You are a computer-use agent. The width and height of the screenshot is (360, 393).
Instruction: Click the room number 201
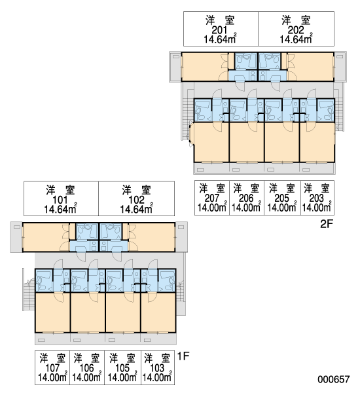[x=219, y=30]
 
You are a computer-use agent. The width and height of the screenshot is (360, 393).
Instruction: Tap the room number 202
[x=296, y=30]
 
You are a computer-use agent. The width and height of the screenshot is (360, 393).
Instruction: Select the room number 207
[x=212, y=198]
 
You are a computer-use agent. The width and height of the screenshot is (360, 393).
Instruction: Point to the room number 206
[x=246, y=198]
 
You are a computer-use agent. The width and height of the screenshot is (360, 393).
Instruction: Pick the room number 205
[x=282, y=198]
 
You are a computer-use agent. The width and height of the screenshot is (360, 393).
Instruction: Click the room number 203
[x=317, y=198]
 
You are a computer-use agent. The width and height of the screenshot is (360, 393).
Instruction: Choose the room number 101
[x=60, y=200]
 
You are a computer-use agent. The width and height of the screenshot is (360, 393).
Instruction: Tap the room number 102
[x=136, y=200]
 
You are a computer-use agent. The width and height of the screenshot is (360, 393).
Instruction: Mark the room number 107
[x=52, y=368]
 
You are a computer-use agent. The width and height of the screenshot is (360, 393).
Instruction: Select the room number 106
[x=86, y=368]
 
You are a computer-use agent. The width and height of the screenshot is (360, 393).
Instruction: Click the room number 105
[x=122, y=368]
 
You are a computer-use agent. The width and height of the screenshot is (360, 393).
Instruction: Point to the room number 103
[x=157, y=368]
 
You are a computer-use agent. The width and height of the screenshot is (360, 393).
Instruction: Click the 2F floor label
[x=327, y=224]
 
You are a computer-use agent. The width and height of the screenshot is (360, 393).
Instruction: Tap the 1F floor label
[x=183, y=356]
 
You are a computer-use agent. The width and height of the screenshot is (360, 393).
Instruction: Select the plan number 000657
[x=333, y=379]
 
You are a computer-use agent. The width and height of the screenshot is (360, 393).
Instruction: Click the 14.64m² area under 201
[x=220, y=39]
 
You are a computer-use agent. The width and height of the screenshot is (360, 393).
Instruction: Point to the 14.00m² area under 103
[x=157, y=377]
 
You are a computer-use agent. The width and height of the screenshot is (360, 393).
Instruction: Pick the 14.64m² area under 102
[x=136, y=209]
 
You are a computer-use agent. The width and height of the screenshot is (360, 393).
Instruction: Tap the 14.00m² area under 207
[x=212, y=207]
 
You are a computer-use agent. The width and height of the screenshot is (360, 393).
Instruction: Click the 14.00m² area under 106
[x=86, y=377]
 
